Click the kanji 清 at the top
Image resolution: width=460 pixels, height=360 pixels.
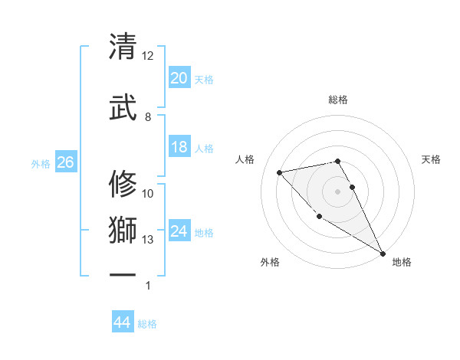coord(123,47)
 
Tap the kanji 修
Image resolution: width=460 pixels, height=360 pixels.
coord(123,185)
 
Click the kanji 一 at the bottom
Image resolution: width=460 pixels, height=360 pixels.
coord(123,274)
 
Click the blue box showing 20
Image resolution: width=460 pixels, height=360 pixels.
coord(179,78)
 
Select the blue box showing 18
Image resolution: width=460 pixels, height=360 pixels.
coord(179,147)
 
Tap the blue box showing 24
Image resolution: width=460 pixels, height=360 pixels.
coord(179,232)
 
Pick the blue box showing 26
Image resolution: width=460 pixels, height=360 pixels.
coord(65,162)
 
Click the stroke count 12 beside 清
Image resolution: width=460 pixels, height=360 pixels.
coord(147,56)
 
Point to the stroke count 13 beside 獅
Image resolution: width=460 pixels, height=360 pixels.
coord(147,240)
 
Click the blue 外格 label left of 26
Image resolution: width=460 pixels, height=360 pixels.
coord(41,163)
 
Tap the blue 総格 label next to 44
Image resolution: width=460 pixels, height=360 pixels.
coord(147,324)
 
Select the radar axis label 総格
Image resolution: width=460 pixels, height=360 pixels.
coord(338,100)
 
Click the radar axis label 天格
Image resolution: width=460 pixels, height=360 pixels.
coord(432,159)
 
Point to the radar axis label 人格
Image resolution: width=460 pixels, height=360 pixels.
coord(245,159)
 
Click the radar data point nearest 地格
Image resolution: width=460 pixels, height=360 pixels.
coord(383,254)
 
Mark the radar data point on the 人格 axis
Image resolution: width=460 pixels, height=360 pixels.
coord(280,172)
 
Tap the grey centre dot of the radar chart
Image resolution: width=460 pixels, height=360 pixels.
coord(338,191)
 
